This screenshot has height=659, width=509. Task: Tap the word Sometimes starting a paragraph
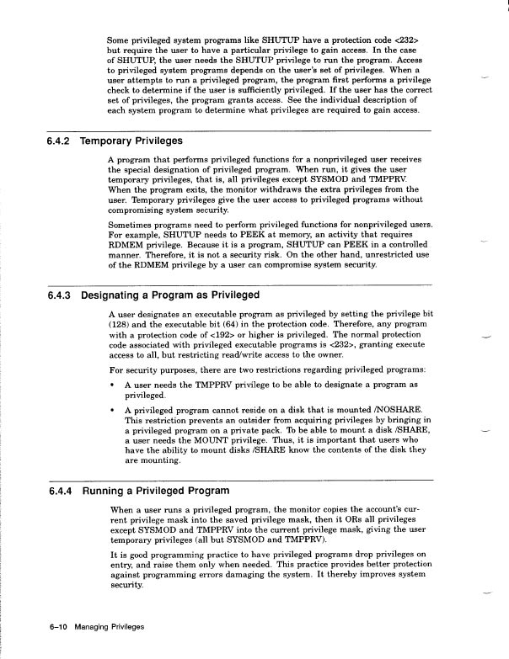133,226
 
